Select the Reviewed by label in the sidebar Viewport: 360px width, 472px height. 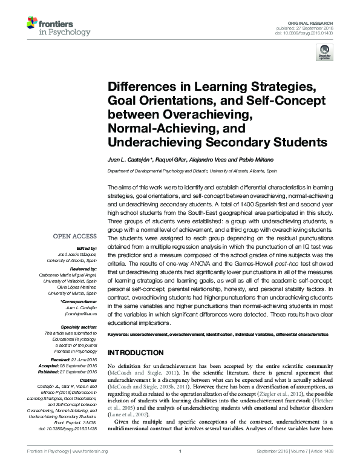point(80,268)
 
